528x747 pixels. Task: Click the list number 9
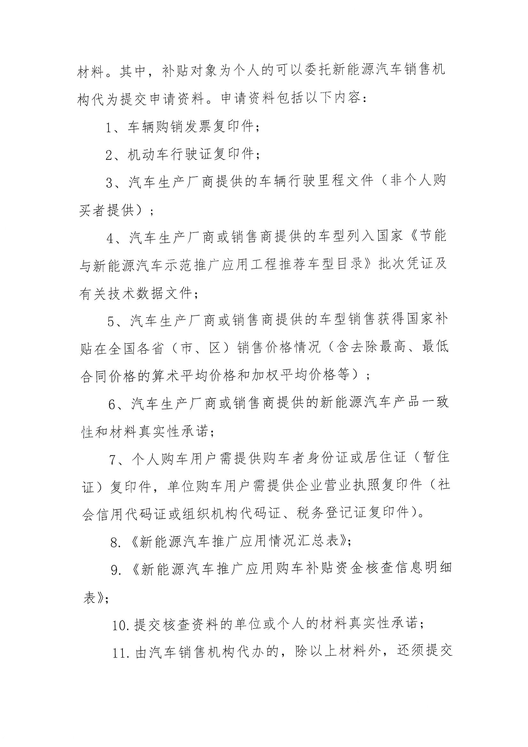(116, 570)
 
